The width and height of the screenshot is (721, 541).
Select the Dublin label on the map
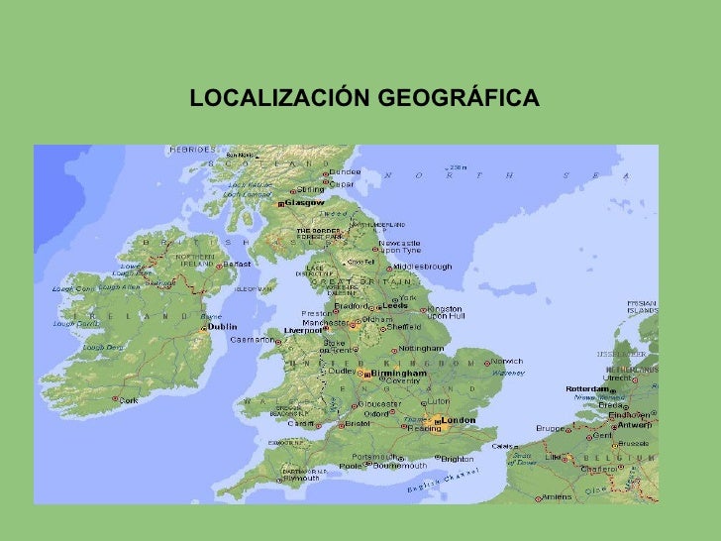222,326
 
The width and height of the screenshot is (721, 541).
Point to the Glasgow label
305,203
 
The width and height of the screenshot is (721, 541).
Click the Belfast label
237,265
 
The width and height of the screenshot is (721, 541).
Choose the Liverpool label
304,331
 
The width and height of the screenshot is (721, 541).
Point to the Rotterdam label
586,389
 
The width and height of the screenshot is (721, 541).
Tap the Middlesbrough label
422,267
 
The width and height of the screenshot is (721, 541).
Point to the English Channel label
443,482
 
